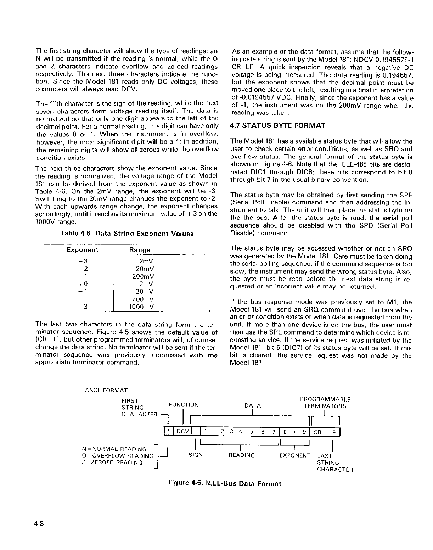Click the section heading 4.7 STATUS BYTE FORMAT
pyautogui.click(x=277, y=125)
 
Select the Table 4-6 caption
pyautogui.click(x=127, y=234)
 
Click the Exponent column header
pyautogui.click(x=82, y=250)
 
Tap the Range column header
pyautogui.click(x=140, y=250)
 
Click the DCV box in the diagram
pyautogui.click(x=182, y=432)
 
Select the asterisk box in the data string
pyautogui.click(x=169, y=432)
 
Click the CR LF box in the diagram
pyautogui.click(x=325, y=432)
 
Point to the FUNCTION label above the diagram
pyautogui.click(x=184, y=405)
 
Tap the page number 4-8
pyautogui.click(x=39, y=524)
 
